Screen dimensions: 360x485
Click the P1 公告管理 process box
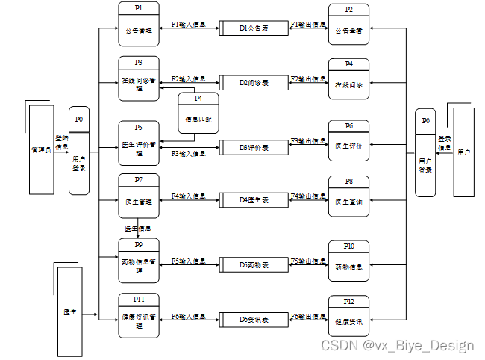[139, 24]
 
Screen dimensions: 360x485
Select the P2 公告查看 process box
[348, 25]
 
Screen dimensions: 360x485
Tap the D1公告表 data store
[254, 28]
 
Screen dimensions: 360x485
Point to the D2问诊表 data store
[254, 82]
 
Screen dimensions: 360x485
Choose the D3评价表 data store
[254, 147]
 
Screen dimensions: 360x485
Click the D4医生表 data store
[254, 199]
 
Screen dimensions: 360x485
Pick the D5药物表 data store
[254, 265]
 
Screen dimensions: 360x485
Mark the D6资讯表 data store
[254, 320]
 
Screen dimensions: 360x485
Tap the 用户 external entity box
[464, 152]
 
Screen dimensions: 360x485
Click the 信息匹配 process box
[198, 114]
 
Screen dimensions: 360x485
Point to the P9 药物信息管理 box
[139, 259]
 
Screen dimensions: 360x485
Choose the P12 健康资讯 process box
[348, 316]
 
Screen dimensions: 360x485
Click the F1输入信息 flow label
[189, 24]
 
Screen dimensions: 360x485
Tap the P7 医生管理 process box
[139, 196]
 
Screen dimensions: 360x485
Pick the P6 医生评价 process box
[348, 140]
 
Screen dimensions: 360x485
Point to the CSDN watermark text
[397, 345]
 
